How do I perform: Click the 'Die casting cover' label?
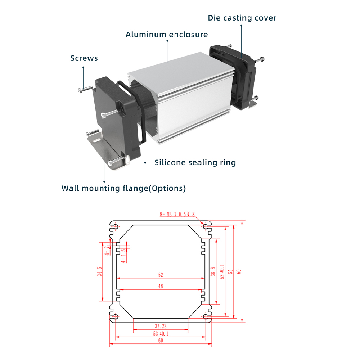(242, 18)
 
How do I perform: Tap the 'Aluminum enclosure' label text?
(166, 35)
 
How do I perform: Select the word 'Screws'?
(84, 58)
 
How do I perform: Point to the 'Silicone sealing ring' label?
(195, 163)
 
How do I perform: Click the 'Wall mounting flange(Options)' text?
(124, 188)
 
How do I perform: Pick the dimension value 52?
(161, 275)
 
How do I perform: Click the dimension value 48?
(161, 286)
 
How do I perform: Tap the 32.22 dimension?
(161, 326)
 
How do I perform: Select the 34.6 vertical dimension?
(99, 271)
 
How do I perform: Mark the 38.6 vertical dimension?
(213, 271)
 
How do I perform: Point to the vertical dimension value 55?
(230, 271)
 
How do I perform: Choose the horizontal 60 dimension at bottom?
(161, 341)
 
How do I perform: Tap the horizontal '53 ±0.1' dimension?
(161, 333)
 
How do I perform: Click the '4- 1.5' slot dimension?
(123, 256)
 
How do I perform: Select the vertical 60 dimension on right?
(239, 271)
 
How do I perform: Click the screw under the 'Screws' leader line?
(85, 89)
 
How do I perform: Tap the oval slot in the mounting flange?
(97, 140)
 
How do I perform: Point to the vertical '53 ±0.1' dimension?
(222, 271)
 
